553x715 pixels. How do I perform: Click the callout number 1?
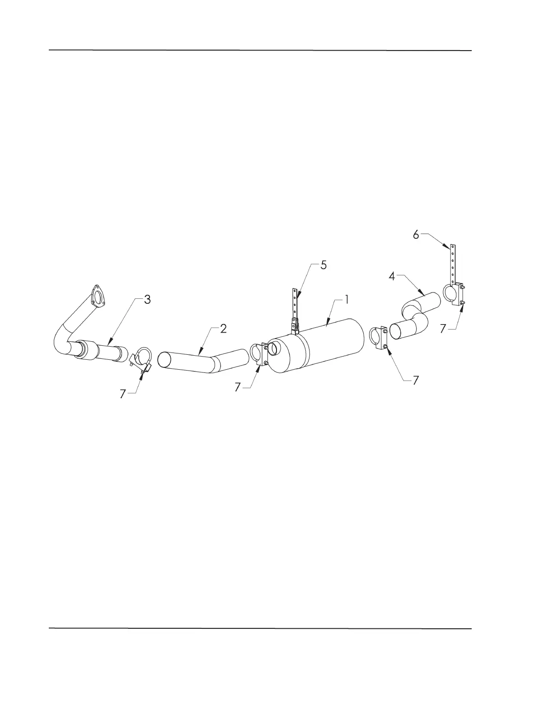coord(347,299)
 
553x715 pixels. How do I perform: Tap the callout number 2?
coord(223,329)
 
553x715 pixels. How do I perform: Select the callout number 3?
coord(147,300)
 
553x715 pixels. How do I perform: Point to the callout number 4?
coord(392,277)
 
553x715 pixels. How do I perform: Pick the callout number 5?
coord(323,265)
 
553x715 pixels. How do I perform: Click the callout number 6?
coord(416,235)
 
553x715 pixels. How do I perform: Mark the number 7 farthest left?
coord(122,394)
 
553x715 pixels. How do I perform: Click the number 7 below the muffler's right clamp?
coord(416,381)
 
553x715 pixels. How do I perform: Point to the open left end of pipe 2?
coord(164,360)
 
